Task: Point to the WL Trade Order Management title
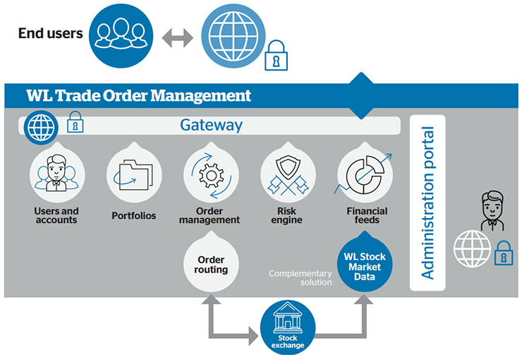pos(138,95)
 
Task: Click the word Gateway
pos(211,125)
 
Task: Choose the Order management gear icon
pos(209,174)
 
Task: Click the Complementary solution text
pos(299,277)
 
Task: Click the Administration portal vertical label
pos(427,203)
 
